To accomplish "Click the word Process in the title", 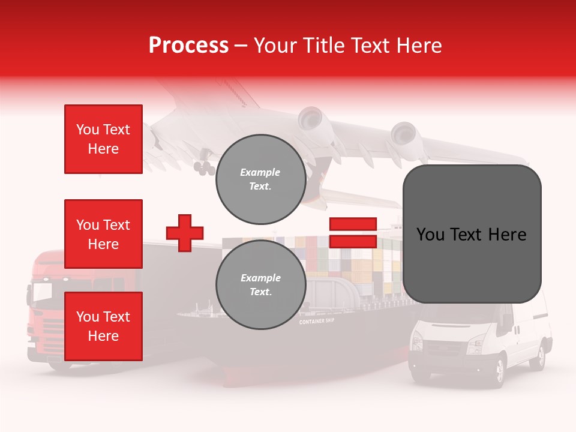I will pyautogui.click(x=188, y=46).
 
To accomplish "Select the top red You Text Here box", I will pyautogui.click(x=103, y=139).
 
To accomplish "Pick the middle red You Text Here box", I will pyautogui.click(x=103, y=234).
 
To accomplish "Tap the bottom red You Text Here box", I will pyautogui.click(x=103, y=326).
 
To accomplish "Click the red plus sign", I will pyautogui.click(x=185, y=233).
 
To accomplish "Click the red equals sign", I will pyautogui.click(x=353, y=233).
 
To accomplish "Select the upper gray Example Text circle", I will pyautogui.click(x=260, y=179).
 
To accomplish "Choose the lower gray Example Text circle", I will pyautogui.click(x=260, y=284).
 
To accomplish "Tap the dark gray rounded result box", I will pyautogui.click(x=472, y=234).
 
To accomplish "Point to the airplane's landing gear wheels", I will pyautogui.click(x=205, y=169).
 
